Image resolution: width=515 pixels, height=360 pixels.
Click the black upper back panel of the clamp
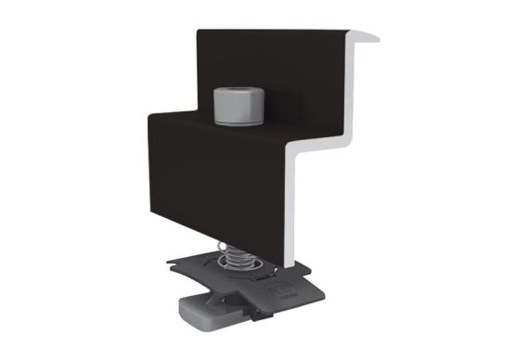coord(278,74)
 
